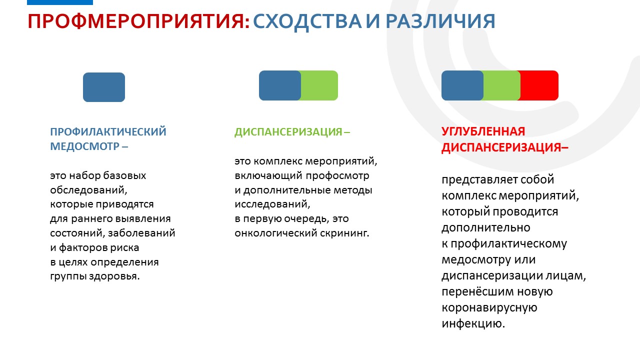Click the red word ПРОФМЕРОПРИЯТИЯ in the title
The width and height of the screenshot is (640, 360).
click(139, 21)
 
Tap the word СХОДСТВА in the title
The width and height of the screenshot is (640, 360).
click(307, 21)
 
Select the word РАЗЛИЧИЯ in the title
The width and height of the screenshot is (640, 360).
click(440, 21)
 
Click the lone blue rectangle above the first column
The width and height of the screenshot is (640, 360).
click(104, 87)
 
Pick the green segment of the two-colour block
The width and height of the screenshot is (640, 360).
click(319, 85)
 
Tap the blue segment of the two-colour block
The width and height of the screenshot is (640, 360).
click(280, 85)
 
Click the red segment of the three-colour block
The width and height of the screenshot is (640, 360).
click(539, 85)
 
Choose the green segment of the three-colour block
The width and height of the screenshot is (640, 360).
click(501, 85)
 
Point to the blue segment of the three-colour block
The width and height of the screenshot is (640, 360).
click(462, 85)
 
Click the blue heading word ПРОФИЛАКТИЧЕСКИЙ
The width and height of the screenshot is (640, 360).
click(108, 131)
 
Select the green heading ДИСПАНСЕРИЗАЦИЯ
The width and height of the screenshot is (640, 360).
click(288, 132)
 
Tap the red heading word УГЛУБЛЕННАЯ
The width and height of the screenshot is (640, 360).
click(483, 131)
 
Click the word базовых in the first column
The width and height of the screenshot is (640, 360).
click(124, 175)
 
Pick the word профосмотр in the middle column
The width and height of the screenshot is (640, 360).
click(337, 175)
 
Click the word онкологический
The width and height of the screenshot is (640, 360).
click(275, 233)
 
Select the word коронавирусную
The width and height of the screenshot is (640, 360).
click(489, 307)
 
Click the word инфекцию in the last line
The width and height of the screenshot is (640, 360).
click(473, 323)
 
